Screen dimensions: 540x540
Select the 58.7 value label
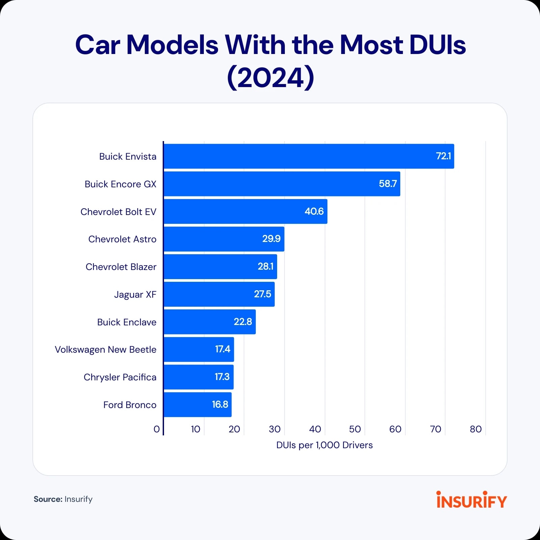(388, 184)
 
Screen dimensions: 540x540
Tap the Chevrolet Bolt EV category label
(118, 212)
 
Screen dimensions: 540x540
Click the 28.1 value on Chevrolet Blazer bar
(266, 266)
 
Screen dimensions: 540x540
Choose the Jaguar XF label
(135, 294)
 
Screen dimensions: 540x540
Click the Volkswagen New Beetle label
(106, 349)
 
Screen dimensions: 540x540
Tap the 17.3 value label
(222, 377)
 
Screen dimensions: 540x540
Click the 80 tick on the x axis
(476, 429)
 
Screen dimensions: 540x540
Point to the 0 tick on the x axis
(157, 429)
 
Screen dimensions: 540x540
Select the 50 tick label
(355, 429)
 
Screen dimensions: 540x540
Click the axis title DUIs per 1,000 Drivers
(324, 445)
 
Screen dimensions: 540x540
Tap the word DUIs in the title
(437, 45)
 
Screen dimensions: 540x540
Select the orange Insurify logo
(471, 500)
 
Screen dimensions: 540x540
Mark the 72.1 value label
(443, 156)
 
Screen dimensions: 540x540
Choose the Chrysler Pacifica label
(120, 377)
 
